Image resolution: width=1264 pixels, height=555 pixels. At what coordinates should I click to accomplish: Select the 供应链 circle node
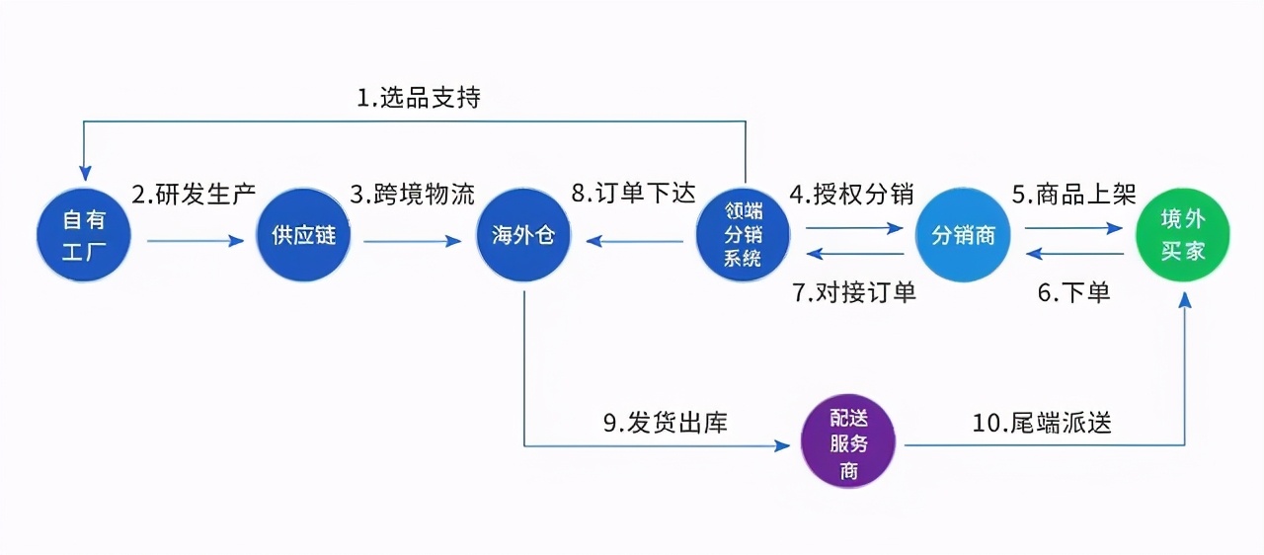point(304,235)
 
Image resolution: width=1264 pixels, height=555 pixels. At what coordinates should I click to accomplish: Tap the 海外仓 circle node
point(523,235)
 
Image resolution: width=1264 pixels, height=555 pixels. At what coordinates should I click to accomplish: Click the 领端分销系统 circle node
point(744,235)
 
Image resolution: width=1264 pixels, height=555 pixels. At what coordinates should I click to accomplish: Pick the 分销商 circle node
point(963,235)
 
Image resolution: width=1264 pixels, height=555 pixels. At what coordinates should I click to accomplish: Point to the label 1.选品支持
point(419,98)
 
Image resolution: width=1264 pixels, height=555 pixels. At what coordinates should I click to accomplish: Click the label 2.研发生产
point(194,194)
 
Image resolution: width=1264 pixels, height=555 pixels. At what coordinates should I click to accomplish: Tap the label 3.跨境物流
point(412,194)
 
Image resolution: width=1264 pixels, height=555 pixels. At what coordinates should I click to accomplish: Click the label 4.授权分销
point(850,194)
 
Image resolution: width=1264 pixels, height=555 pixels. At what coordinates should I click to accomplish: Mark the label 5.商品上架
point(1072,194)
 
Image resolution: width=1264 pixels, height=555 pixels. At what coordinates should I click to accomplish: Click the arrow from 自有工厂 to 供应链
point(195,240)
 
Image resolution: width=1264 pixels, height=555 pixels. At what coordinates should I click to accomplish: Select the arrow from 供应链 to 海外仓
point(413,240)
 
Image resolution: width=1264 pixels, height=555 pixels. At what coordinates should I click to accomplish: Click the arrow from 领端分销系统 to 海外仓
point(633,240)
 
